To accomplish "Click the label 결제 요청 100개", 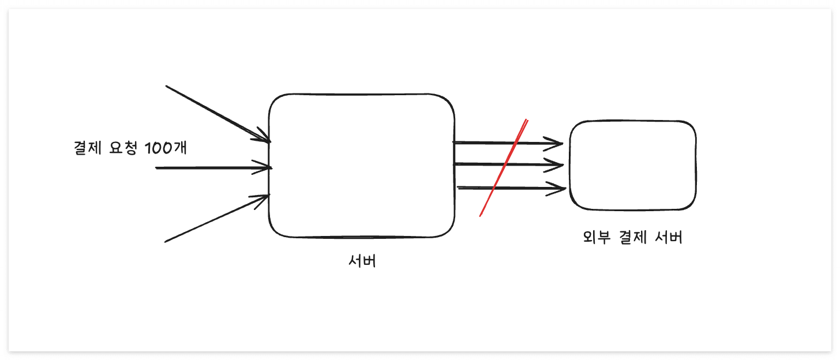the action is [x=130, y=148].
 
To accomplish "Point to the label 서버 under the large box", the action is [x=362, y=261].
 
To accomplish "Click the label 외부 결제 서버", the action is [x=633, y=238].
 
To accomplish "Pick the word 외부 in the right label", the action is [x=596, y=238].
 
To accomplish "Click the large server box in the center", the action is [x=361, y=166].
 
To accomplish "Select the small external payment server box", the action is [x=633, y=166].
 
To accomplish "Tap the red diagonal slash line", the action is [x=503, y=168].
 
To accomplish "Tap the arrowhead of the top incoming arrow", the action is [x=264, y=138].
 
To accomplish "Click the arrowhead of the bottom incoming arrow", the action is [x=263, y=198].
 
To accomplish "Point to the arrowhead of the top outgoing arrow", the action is [x=556, y=143].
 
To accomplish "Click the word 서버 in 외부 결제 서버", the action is [x=669, y=238].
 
